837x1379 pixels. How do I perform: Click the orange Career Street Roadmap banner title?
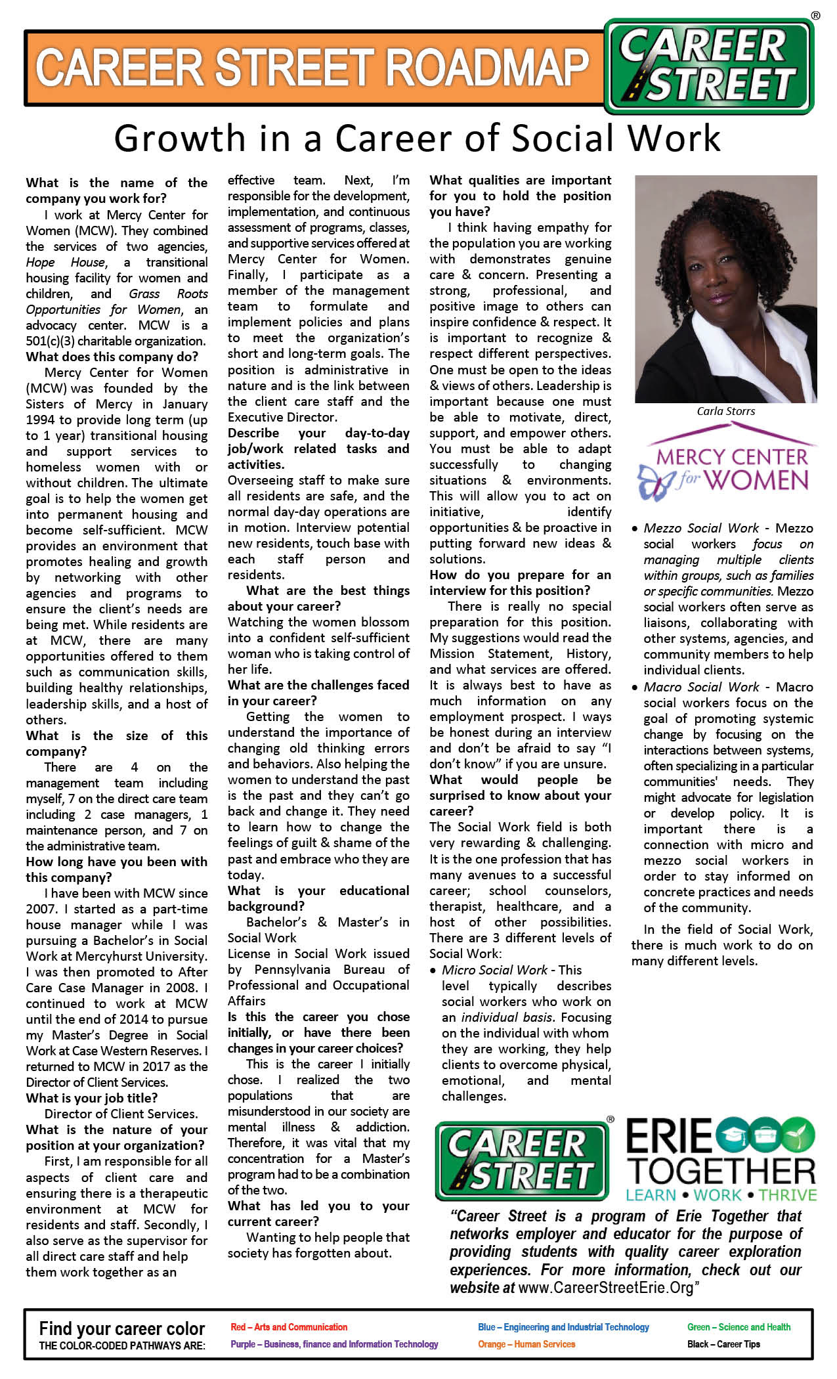tap(312, 68)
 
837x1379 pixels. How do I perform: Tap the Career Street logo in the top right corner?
tap(709, 66)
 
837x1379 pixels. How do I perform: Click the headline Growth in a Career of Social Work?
tap(418, 139)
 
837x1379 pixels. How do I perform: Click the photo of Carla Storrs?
tap(726, 289)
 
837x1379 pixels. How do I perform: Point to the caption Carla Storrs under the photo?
tap(726, 411)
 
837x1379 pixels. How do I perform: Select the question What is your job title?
tap(92, 1098)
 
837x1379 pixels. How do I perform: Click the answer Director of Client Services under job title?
tap(121, 1114)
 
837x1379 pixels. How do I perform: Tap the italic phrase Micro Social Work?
tap(494, 970)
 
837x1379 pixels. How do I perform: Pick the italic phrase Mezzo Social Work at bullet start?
tap(701, 528)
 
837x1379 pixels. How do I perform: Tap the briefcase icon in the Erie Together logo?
tap(766, 1134)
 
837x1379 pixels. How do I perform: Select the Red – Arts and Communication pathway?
tap(289, 1327)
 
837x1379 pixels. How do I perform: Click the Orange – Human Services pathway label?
tap(526, 1344)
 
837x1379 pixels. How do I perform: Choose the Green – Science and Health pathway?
tap(739, 1327)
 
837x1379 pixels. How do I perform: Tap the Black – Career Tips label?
tap(723, 1344)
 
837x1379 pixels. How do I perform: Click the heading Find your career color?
tap(122, 1329)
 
